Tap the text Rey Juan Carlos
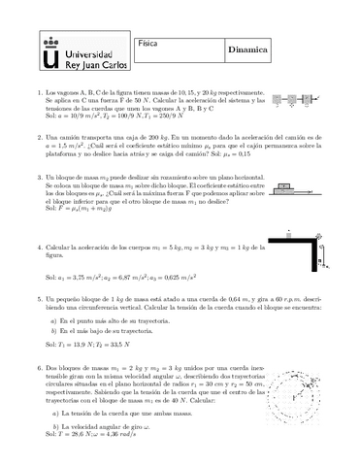click(x=91, y=64)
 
